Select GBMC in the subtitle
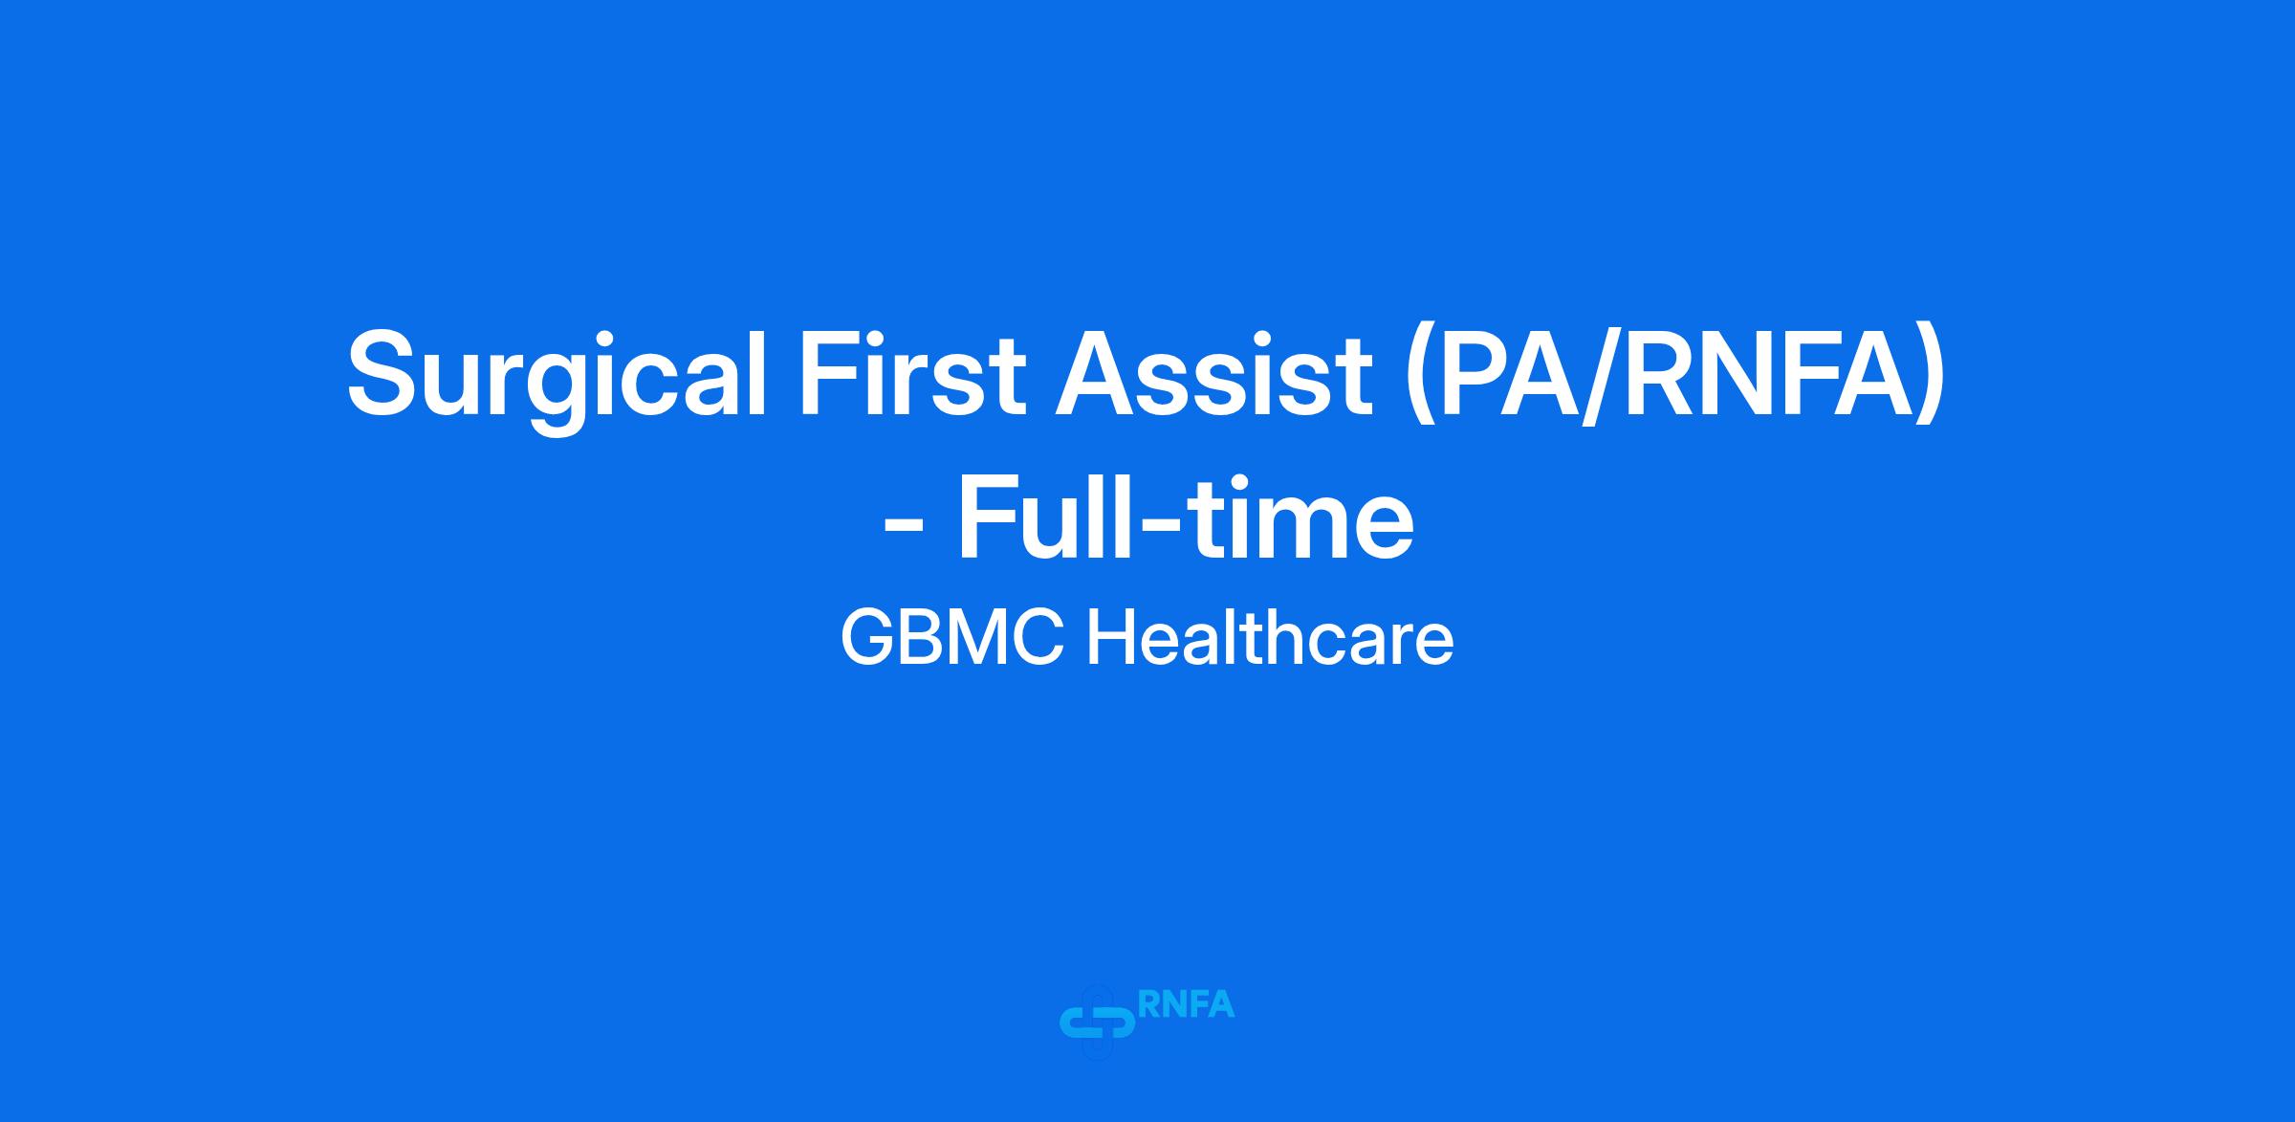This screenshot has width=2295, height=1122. pyautogui.click(x=952, y=638)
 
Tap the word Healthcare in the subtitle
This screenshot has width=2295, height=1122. pyautogui.click(x=1270, y=637)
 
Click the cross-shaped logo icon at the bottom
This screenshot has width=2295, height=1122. pyautogui.click(x=1098, y=1023)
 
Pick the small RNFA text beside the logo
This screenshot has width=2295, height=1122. pyautogui.click(x=1187, y=1003)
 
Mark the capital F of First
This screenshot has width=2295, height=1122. pyautogui.click(x=833, y=372)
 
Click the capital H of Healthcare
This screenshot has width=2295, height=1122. pyautogui.click(x=1109, y=638)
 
